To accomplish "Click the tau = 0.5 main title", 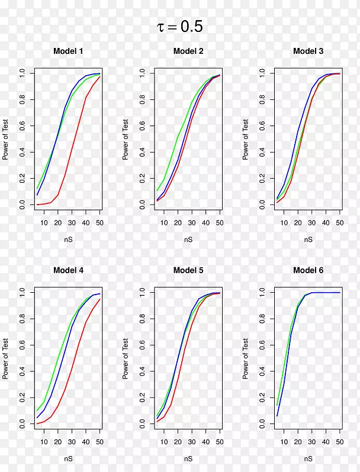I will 180,27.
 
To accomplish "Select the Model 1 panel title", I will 68,51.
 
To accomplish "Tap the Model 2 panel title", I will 188,51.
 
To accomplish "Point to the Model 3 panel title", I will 308,51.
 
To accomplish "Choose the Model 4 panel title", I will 68,270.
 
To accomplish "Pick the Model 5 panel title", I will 188,270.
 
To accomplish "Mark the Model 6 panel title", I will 308,270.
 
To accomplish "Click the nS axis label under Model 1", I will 69,240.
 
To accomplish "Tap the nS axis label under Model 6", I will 308,458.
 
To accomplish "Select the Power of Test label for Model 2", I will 126,139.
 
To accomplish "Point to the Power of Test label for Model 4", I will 5,358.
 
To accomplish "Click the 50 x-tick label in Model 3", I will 339,222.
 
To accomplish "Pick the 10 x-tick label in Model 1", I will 44,222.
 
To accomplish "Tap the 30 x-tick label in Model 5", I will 192,441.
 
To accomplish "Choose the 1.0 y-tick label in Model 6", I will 263,292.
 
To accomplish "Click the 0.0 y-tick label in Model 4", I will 23,424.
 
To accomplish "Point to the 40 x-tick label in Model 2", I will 205,222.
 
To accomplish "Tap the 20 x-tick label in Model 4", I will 57,441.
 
